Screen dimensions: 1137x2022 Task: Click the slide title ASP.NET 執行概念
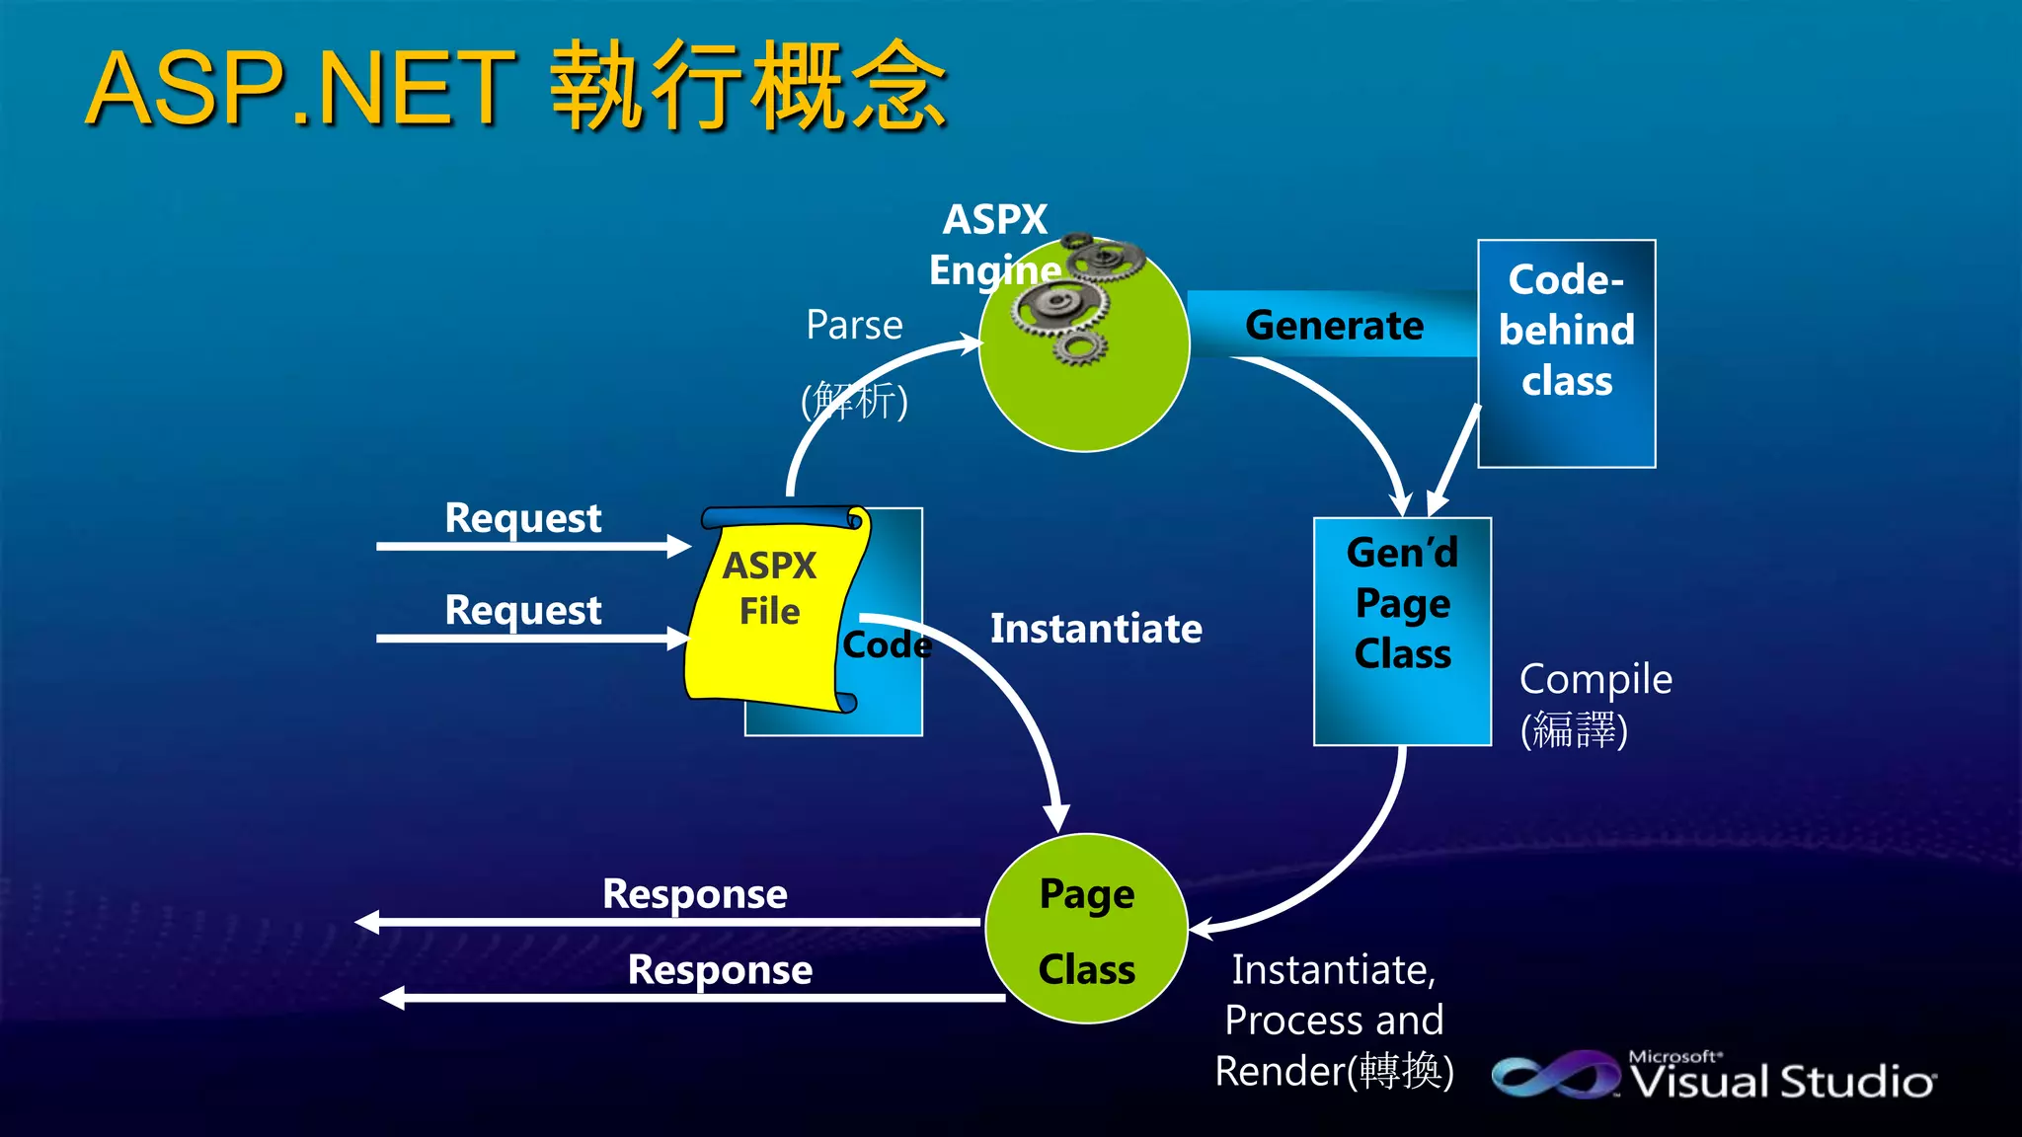point(516,89)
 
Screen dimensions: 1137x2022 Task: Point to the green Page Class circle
point(1086,929)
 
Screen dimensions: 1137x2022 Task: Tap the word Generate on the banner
point(1334,326)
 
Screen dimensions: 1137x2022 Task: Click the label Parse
point(854,326)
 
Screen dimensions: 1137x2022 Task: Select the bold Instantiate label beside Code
point(1096,630)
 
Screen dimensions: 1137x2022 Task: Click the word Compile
point(1595,679)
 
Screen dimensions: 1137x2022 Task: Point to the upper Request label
point(522,518)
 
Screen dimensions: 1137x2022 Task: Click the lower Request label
point(522,610)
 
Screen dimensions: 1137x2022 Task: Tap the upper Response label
point(694,894)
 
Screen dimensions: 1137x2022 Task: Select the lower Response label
point(720,969)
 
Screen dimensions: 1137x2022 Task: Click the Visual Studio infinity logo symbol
point(1554,1076)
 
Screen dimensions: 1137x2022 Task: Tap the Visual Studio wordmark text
point(1782,1082)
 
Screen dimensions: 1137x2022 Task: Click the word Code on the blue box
point(886,645)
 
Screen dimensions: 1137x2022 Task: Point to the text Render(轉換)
point(1334,1071)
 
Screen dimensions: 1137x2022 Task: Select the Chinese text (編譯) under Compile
point(1574,730)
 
